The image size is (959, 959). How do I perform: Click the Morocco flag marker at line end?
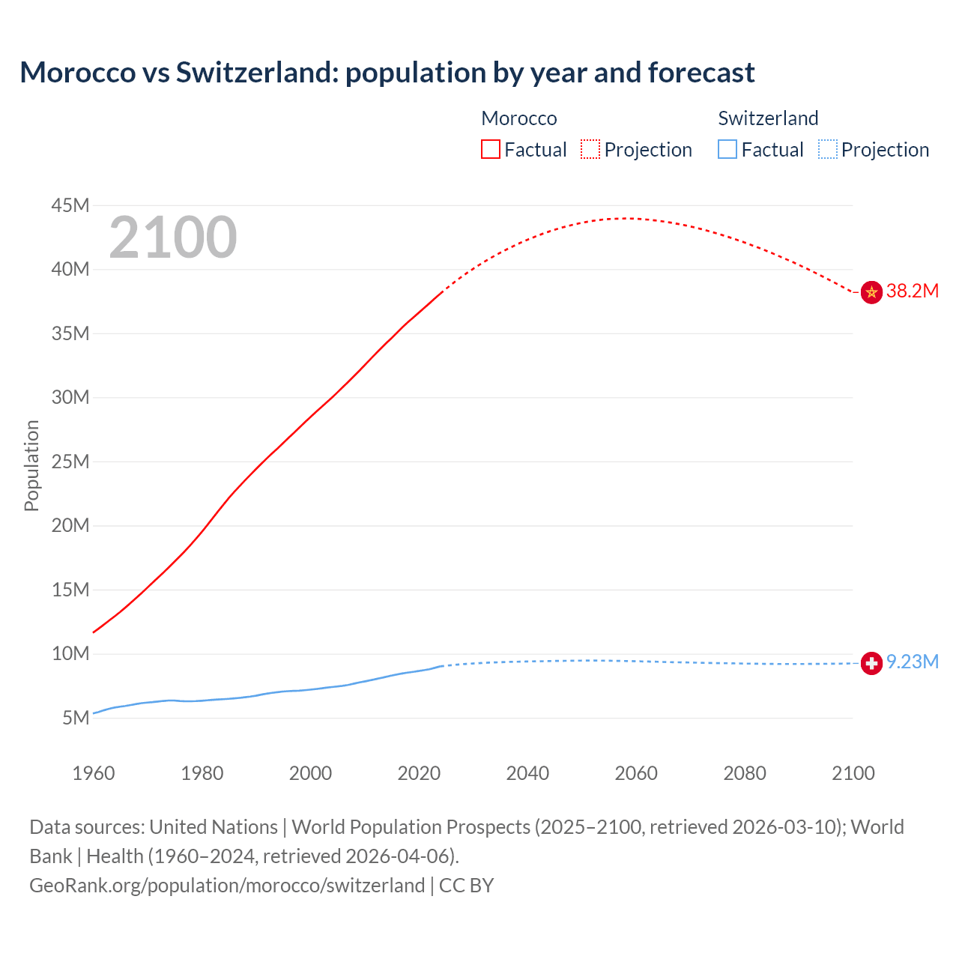click(x=871, y=292)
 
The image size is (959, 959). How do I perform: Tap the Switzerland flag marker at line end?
click(x=871, y=663)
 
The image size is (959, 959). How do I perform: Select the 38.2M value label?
click(x=912, y=291)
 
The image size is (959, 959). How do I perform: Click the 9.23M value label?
click(x=912, y=662)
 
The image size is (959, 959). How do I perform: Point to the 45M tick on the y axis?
click(x=70, y=205)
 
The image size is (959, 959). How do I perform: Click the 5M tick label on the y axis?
click(x=76, y=718)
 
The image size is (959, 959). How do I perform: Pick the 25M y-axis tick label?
click(x=70, y=462)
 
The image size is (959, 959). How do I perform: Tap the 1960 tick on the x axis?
click(x=94, y=773)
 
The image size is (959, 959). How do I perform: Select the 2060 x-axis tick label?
click(x=636, y=773)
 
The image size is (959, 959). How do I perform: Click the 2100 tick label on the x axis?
click(x=853, y=773)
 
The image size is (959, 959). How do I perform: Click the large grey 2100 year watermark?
click(x=173, y=238)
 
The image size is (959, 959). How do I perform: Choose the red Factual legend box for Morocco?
click(x=491, y=150)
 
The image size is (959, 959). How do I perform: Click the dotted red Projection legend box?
click(x=590, y=150)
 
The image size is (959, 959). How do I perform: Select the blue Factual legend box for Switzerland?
click(x=727, y=150)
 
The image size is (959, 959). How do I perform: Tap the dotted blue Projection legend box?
click(x=828, y=150)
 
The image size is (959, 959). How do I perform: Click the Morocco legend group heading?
click(x=519, y=118)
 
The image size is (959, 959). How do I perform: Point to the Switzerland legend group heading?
click(x=768, y=118)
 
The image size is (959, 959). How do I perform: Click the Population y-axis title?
click(x=31, y=465)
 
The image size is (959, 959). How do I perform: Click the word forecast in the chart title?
click(x=701, y=73)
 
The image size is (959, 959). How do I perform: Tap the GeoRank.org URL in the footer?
click(x=227, y=886)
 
